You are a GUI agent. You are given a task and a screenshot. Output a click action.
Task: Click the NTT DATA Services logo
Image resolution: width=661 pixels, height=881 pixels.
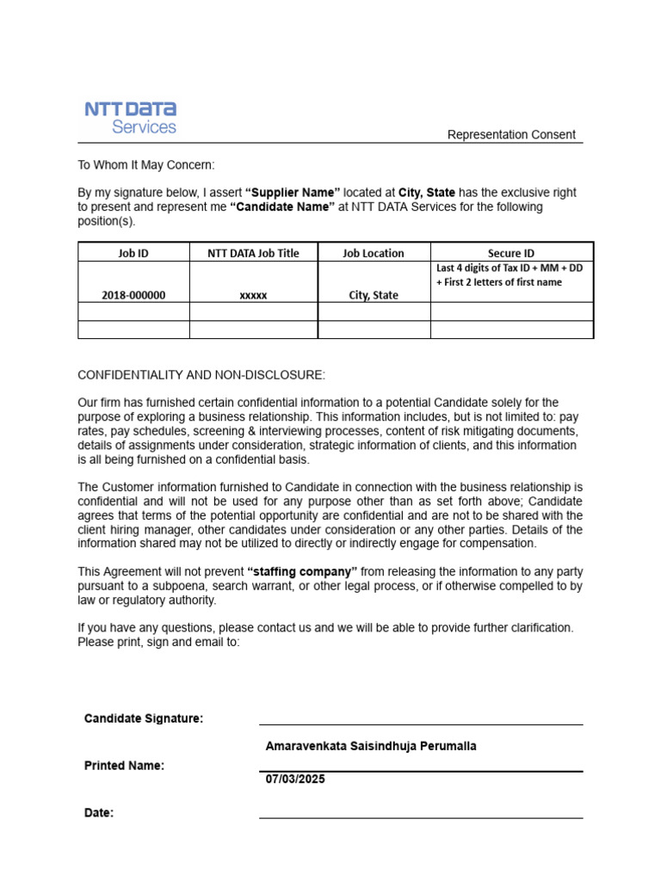[x=130, y=118]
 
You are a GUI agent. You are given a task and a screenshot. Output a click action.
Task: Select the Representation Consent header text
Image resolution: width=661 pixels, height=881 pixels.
[x=511, y=135]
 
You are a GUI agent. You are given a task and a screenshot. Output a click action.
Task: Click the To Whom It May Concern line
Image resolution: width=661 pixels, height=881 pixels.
[x=146, y=164]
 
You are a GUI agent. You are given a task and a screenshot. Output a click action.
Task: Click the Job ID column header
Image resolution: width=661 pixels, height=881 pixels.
[x=133, y=253]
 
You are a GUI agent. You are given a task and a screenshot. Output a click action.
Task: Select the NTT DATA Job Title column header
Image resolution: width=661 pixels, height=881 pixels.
[x=253, y=253]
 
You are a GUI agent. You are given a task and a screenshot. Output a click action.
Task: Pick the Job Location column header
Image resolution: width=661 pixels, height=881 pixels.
[x=373, y=253]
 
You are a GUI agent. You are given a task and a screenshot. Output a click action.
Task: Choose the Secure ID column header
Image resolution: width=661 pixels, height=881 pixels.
[x=510, y=253]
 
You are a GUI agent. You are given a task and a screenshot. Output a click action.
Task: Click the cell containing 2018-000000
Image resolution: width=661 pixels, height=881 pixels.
[x=133, y=295]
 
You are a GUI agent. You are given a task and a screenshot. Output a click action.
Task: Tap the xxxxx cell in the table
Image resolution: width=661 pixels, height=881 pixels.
[x=253, y=295]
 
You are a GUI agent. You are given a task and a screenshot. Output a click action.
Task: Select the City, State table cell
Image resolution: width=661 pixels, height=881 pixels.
[x=373, y=295]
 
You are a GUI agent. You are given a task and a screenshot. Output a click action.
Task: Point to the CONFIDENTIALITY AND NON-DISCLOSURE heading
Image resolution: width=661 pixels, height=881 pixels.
[x=201, y=375]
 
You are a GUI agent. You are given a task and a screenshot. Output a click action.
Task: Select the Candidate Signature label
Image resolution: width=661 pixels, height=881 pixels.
[x=144, y=718]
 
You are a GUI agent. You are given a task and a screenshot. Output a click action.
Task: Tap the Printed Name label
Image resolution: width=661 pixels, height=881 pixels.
[x=124, y=766]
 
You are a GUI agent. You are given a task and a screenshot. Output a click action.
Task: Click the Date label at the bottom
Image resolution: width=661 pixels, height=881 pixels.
[x=99, y=813]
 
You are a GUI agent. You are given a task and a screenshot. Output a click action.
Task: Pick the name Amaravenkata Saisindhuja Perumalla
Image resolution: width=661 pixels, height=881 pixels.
[x=371, y=747]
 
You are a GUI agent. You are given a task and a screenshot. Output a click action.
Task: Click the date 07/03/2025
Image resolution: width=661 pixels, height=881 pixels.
[x=295, y=779]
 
